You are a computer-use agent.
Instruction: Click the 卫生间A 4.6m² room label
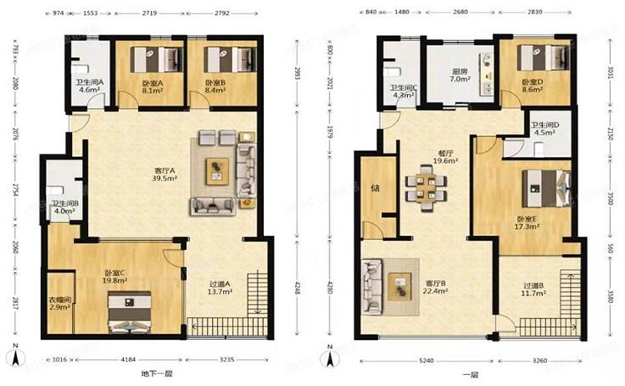[89, 86]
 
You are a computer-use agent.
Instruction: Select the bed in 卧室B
[231, 60]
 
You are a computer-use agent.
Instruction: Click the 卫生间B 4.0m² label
[64, 206]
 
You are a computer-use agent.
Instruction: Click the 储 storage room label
[374, 188]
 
